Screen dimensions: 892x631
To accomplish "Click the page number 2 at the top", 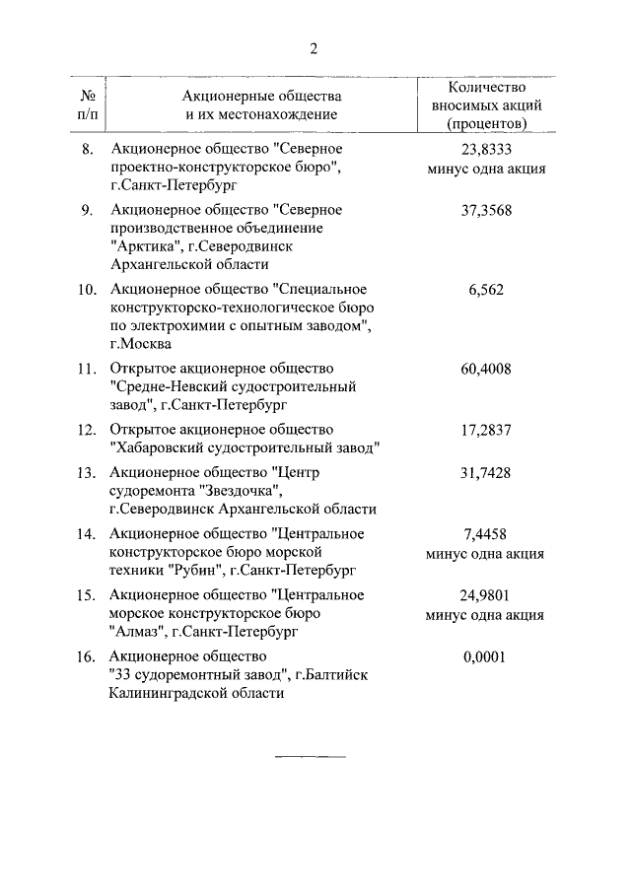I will (313, 49).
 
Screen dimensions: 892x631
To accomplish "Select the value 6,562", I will (485, 289).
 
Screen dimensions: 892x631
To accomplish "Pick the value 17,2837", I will (485, 430).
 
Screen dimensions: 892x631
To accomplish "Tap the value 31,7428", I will (485, 473).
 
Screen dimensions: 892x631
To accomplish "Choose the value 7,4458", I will (485, 534).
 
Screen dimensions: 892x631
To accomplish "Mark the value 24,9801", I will (485, 595).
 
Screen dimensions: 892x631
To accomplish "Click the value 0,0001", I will (485, 656).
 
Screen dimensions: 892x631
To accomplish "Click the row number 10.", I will (87, 289).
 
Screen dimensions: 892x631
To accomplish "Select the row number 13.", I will (87, 473).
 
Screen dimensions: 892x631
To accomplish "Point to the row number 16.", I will (87, 656).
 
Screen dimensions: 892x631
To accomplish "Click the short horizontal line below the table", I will (310, 756).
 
